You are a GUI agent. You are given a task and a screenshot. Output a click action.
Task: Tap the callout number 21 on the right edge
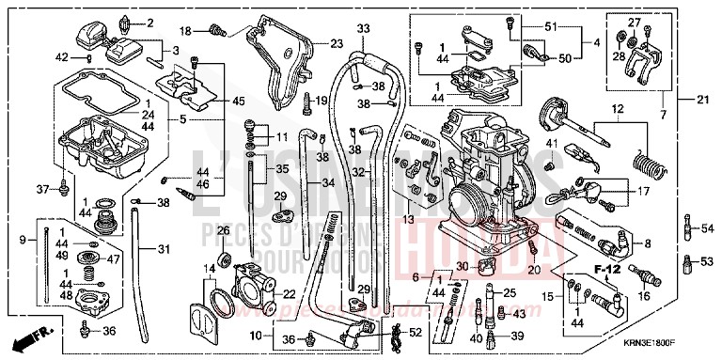pyautogui.click(x=702, y=99)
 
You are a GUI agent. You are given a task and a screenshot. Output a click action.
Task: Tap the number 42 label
pyautogui.click(x=61, y=57)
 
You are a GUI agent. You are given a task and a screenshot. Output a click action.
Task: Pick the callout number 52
pyautogui.click(x=414, y=332)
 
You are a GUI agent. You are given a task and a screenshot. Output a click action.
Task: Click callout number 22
pyautogui.click(x=290, y=294)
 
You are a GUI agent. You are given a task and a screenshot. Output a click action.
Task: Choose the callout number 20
pyautogui.click(x=534, y=271)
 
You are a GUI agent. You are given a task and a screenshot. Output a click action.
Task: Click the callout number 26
pyautogui.click(x=224, y=230)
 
